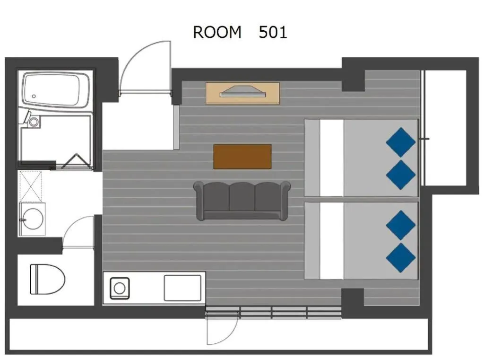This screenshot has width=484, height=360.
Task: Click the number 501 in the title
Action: point(273,32)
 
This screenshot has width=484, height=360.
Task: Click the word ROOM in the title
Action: point(217,32)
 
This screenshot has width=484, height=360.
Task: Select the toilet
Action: point(47,279)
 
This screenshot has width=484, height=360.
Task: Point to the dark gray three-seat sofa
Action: point(242,200)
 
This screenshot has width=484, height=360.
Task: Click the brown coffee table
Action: point(242,157)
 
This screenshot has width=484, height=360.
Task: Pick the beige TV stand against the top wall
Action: point(242,93)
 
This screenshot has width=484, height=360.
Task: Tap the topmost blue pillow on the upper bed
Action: point(401,142)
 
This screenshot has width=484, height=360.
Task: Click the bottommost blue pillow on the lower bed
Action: point(401,257)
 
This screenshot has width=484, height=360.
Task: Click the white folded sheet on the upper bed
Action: point(331,158)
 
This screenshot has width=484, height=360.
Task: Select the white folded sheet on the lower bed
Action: point(331,241)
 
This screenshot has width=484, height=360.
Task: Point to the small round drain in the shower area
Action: point(34,122)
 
